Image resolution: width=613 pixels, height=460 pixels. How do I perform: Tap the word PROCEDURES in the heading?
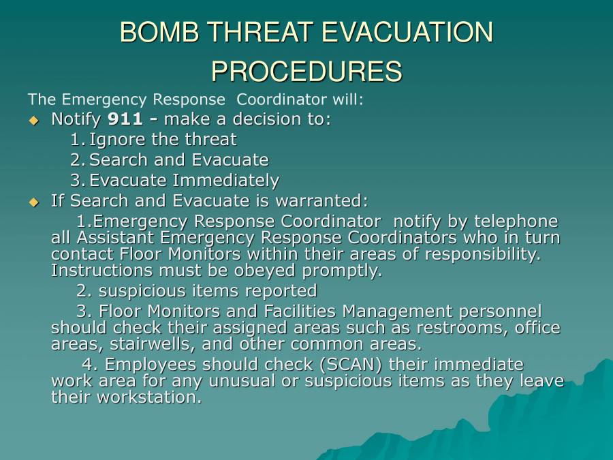tap(306, 71)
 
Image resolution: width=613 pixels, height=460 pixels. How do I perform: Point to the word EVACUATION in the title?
tap(407, 32)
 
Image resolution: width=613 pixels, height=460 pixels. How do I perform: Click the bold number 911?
tap(125, 119)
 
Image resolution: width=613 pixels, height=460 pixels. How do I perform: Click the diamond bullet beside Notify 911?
tap(34, 121)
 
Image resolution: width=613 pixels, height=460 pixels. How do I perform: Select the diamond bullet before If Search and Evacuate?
tap(34, 202)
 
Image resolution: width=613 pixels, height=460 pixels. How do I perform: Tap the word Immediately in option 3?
tap(225, 181)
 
